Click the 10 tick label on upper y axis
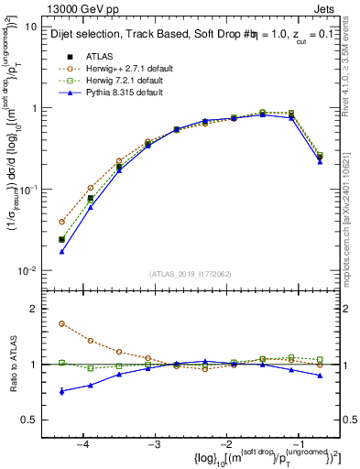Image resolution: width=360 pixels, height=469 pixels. click(x=29, y=27)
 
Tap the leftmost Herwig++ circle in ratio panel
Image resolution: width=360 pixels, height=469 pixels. click(x=61, y=323)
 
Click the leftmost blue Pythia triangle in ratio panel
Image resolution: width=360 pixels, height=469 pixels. click(x=61, y=391)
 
